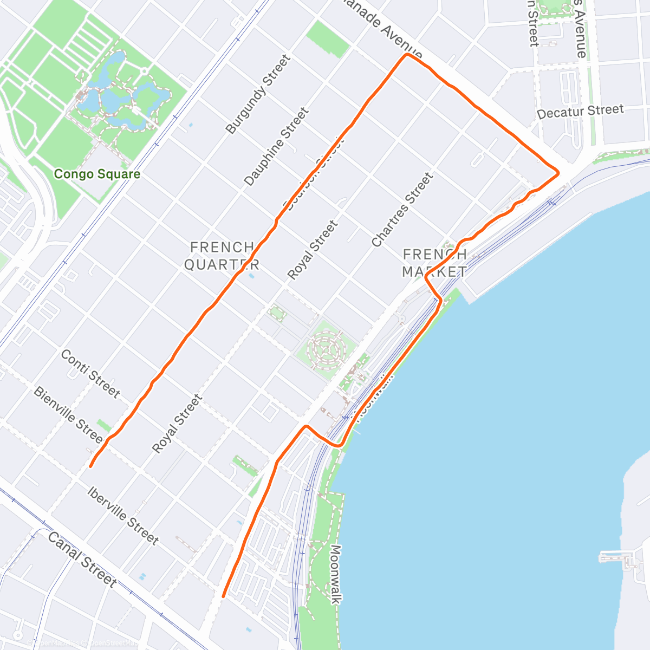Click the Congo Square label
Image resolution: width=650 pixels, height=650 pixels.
97,174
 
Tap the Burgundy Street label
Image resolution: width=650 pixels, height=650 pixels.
258,94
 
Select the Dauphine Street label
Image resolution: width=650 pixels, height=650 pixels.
276,147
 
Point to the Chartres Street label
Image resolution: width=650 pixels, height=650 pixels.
402,210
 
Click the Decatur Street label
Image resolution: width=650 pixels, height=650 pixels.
580,112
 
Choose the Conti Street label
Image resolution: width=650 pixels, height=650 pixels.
90,374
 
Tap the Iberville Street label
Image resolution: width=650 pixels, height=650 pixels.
123,516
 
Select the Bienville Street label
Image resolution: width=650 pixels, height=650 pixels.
68,414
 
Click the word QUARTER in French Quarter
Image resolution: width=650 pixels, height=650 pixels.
222,264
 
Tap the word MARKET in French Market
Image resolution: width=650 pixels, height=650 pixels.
434,271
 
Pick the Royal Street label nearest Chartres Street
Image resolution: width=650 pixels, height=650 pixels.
313,250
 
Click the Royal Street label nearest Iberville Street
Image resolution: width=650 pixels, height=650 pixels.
177,424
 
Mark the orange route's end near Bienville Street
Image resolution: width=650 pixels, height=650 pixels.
90,466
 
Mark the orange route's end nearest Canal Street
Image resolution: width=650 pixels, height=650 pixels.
223,596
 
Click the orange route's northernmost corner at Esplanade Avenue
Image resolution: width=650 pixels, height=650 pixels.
406,55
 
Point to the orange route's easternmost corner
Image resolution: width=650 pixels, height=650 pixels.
558,173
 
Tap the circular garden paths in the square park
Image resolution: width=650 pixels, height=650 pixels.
325,350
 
